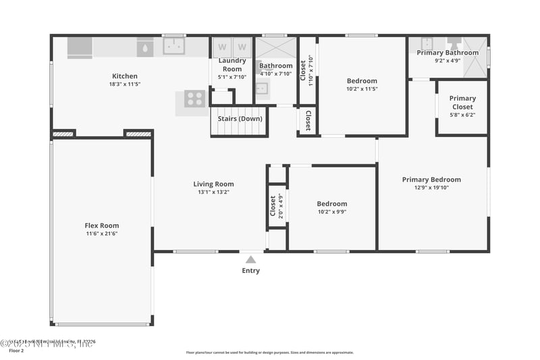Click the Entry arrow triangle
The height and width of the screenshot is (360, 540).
[x=250, y=259]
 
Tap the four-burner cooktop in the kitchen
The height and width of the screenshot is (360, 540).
[x=194, y=99]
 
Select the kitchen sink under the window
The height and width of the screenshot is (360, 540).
[x=175, y=47]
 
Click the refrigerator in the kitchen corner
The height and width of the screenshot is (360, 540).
[x=80, y=47]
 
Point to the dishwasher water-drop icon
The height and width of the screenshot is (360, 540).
[x=146, y=48]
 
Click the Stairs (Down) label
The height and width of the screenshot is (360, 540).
[x=240, y=118]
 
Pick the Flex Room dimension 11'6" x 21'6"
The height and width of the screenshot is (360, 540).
[x=101, y=234]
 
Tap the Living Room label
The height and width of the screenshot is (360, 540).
[x=213, y=184]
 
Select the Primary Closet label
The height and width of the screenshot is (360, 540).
[x=462, y=103]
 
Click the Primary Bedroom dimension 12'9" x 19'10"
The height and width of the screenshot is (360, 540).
[x=431, y=188]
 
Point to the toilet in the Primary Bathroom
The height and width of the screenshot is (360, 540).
[x=454, y=43]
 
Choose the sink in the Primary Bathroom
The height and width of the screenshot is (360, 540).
[x=427, y=44]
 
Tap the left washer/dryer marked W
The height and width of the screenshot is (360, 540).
[x=221, y=47]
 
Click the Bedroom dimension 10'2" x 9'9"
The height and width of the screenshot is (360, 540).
[x=332, y=212]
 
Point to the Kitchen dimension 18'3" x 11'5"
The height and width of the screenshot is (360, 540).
[x=124, y=84]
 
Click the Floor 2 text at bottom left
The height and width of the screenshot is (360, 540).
[x=16, y=351]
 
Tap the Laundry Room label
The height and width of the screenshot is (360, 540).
[x=232, y=65]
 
